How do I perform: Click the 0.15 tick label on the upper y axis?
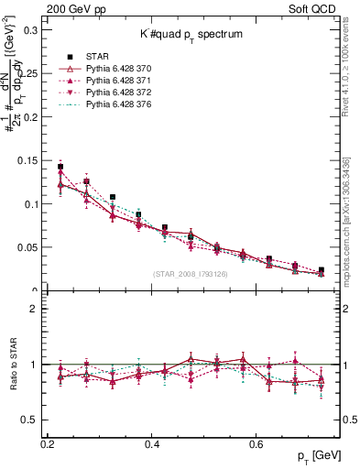pyautogui.click(x=30, y=161)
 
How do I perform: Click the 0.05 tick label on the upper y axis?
pyautogui.click(x=30, y=247)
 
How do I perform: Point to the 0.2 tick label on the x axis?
pyautogui.click(x=49, y=443)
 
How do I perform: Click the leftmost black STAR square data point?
pyautogui.click(x=60, y=168)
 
